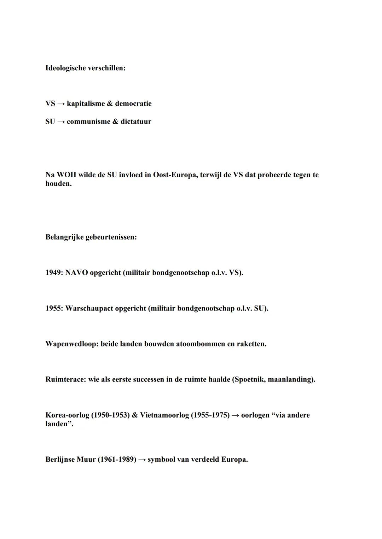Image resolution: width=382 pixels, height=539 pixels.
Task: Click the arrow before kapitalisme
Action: pyautogui.click(x=61, y=103)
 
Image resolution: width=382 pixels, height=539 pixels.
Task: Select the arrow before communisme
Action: pyautogui.click(x=61, y=122)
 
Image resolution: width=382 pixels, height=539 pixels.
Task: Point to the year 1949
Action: pyautogui.click(x=53, y=273)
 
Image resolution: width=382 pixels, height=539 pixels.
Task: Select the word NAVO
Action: pyautogui.click(x=76, y=273)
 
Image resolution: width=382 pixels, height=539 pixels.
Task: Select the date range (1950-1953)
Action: pyautogui.click(x=110, y=415)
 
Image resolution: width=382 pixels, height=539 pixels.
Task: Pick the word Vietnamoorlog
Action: pyautogui.click(x=164, y=415)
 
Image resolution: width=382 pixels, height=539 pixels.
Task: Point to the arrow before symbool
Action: pyautogui.click(x=142, y=460)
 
